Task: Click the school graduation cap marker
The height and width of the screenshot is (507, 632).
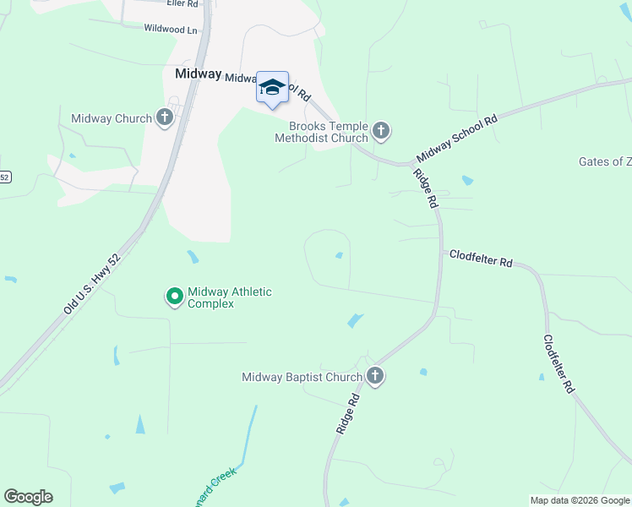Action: (x=272, y=87)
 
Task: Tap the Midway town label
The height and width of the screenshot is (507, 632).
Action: (x=198, y=74)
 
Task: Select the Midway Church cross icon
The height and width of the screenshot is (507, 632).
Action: (x=165, y=118)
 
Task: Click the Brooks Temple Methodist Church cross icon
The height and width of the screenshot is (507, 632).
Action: (x=381, y=130)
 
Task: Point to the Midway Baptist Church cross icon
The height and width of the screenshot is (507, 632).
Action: (x=375, y=377)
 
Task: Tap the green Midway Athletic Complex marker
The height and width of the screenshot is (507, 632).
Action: (x=175, y=296)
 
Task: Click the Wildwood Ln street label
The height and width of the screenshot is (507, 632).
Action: (x=171, y=28)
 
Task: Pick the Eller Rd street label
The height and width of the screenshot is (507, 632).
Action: (x=182, y=3)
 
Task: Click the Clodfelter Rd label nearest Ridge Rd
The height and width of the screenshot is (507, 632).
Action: (x=481, y=259)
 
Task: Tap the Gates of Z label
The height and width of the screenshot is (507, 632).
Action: (x=604, y=161)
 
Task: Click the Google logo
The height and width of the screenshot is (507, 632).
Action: (x=28, y=497)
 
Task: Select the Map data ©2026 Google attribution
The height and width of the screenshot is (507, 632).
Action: (x=580, y=500)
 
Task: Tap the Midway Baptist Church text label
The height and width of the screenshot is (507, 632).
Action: (x=302, y=377)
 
